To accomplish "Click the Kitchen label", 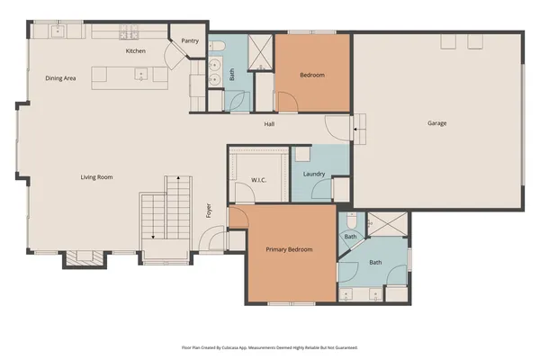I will click(x=135, y=51).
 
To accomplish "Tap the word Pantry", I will click(x=190, y=40).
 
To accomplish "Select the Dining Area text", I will click(x=60, y=78).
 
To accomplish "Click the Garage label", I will click(x=436, y=123).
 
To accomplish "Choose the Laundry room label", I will click(x=314, y=174).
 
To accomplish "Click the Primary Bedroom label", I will click(x=289, y=249).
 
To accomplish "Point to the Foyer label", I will click(x=209, y=212).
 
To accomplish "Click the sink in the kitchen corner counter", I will click(x=58, y=31).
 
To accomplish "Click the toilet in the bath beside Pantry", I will click(x=217, y=45).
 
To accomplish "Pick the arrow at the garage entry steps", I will click(x=358, y=134).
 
